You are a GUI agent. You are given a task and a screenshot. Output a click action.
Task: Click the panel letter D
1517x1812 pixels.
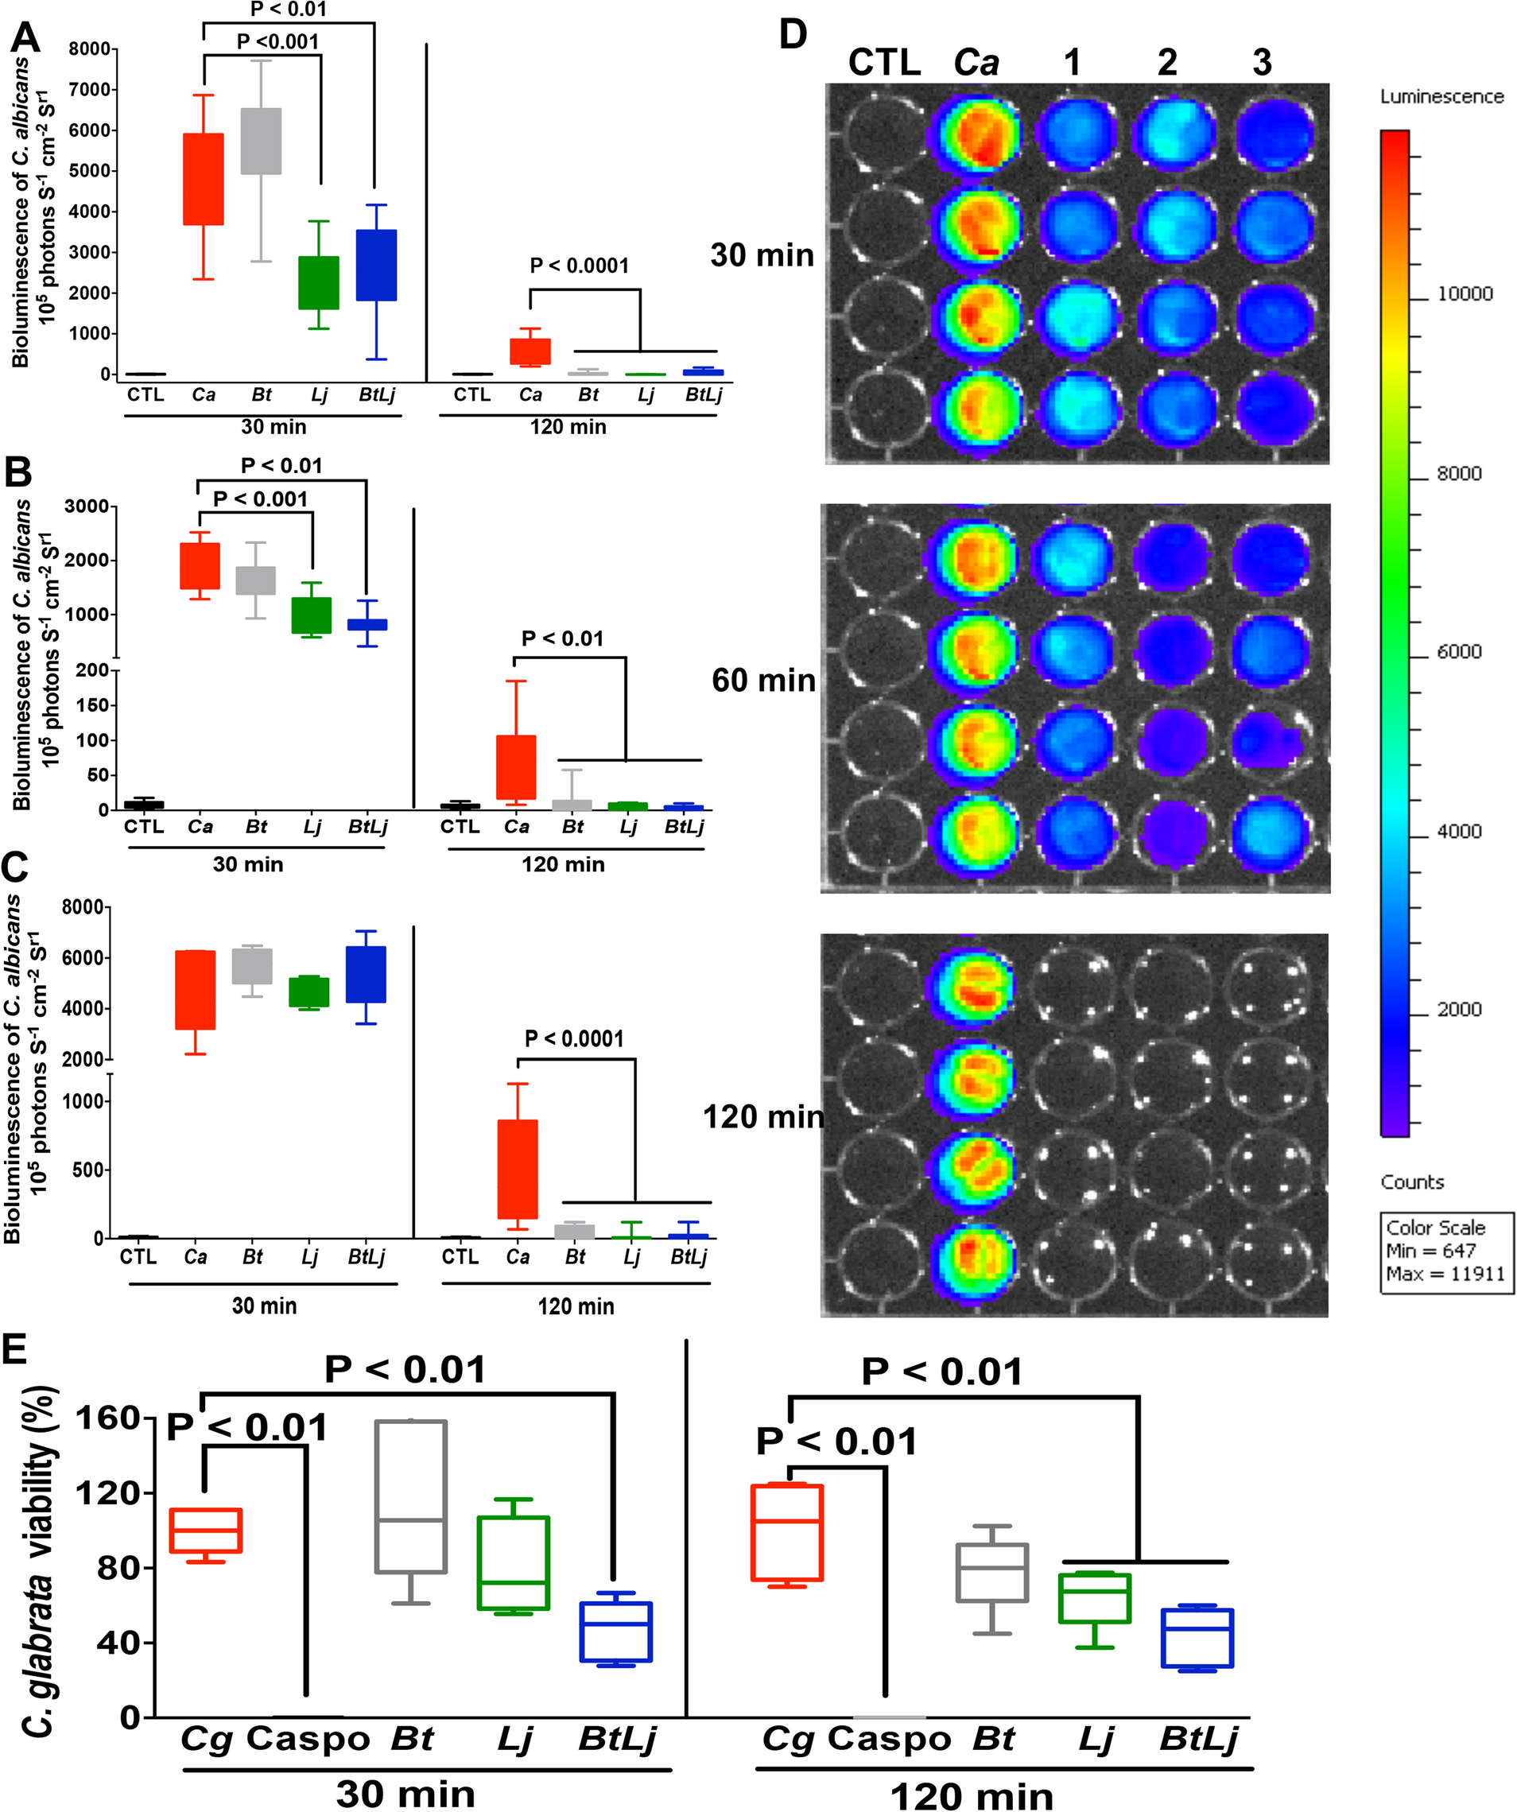792,34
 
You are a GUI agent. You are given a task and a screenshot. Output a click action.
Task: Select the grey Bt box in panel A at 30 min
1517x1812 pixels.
261,141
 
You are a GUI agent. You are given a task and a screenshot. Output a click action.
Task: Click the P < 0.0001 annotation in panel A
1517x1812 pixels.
579,265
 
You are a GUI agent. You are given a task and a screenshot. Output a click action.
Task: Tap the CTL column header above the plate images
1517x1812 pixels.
883,63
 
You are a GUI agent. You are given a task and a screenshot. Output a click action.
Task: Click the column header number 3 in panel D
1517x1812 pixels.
1262,63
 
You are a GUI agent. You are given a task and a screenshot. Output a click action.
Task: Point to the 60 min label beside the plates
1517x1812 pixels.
762,681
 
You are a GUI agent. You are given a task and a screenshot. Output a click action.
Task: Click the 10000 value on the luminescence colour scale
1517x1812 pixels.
1465,293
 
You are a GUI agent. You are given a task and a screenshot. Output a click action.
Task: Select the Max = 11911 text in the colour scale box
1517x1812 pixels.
1445,1274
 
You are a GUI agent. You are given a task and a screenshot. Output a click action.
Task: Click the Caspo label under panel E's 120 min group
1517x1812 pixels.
889,1740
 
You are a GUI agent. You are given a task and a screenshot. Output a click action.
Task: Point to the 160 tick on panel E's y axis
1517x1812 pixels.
112,1418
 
